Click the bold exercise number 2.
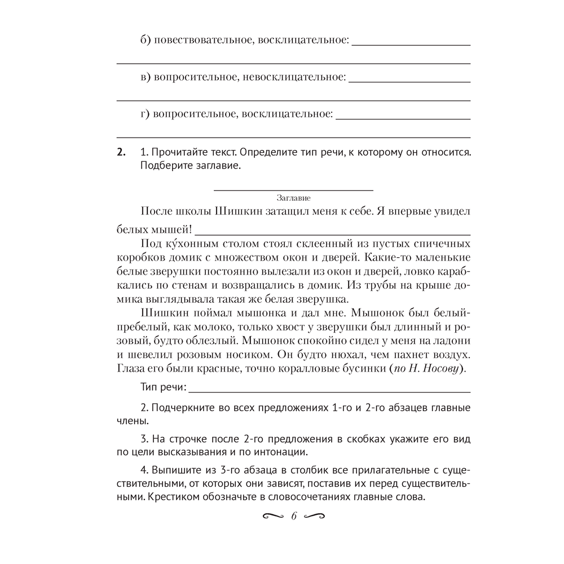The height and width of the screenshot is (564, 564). click(120, 152)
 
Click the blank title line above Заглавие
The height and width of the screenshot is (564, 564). click(294, 190)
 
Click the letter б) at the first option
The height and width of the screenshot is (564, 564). click(146, 41)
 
